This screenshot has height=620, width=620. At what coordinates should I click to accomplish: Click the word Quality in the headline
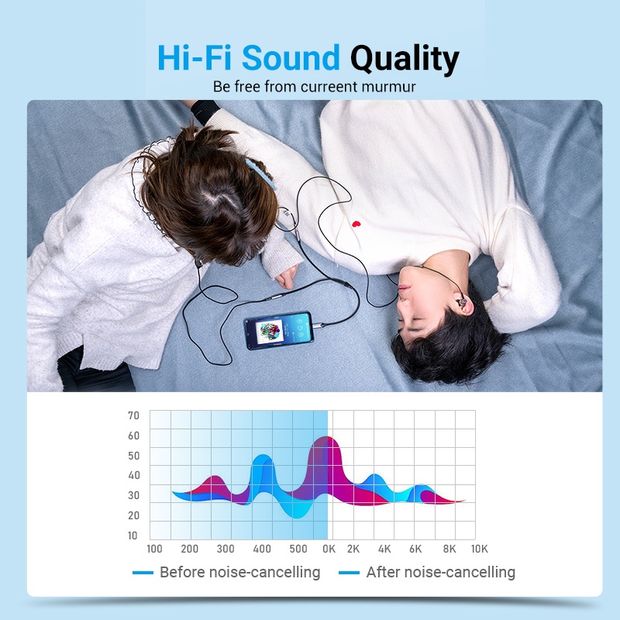click(x=405, y=59)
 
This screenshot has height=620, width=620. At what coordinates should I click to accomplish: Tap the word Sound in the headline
click(x=291, y=57)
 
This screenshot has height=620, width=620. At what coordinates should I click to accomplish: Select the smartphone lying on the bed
click(x=279, y=331)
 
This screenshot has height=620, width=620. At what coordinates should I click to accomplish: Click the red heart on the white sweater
click(x=356, y=224)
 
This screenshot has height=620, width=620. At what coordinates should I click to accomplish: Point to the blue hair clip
click(x=260, y=173)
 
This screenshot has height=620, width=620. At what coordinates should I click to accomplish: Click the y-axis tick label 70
click(x=133, y=415)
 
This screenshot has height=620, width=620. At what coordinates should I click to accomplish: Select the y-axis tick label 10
click(x=133, y=536)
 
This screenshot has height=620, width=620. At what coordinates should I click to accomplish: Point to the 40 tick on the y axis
click(x=134, y=475)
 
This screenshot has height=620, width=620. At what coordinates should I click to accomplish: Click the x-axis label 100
click(x=154, y=549)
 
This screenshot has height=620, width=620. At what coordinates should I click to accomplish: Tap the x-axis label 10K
click(x=479, y=549)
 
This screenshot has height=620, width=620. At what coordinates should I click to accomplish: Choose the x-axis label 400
click(x=262, y=549)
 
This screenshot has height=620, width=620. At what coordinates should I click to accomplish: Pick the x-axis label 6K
click(x=415, y=549)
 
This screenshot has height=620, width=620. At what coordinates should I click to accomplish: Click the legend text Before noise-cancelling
click(x=240, y=572)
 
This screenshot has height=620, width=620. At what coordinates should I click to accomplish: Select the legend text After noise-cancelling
click(x=441, y=572)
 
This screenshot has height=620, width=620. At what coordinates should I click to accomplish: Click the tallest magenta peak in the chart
click(x=325, y=438)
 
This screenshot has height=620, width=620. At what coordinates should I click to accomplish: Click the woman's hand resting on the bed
click(x=287, y=277)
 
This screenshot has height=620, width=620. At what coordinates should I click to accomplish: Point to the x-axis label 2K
click(x=353, y=549)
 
